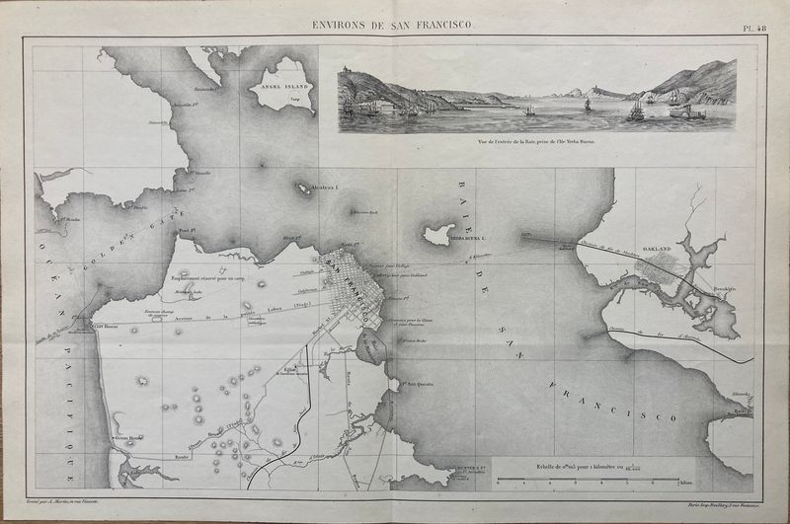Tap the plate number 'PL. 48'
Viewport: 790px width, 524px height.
754,29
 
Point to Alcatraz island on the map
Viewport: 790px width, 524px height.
302,186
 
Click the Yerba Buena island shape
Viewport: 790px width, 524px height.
435,234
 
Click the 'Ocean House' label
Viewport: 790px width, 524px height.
128,438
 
